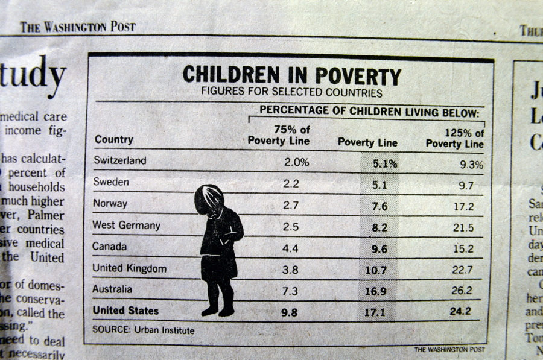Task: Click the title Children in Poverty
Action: (291, 75)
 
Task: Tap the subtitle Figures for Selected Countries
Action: (291, 93)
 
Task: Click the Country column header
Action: (113, 139)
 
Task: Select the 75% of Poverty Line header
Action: (279, 136)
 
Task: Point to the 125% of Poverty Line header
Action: (455, 139)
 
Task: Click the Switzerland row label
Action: (119, 160)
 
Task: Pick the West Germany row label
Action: (126, 225)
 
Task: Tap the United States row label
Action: (125, 311)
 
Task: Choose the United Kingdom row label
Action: (129, 268)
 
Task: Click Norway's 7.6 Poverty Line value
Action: (379, 206)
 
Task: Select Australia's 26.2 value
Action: (462, 291)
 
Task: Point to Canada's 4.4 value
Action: (291, 248)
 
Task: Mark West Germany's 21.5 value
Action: (463, 228)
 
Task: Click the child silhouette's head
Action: (209, 198)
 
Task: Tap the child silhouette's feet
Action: (218, 311)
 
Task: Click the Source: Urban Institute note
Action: (143, 330)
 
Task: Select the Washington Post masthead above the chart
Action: (78, 27)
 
